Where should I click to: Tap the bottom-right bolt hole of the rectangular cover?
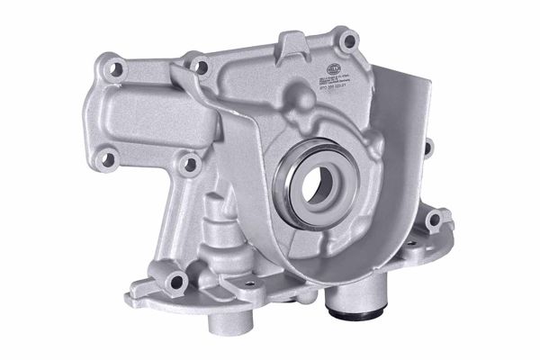pyautogui.click(x=188, y=166)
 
